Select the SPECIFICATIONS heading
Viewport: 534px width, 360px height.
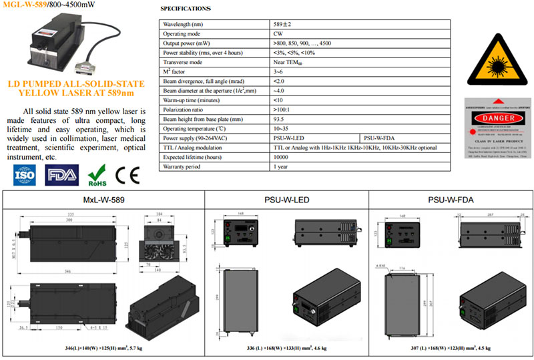[186, 9]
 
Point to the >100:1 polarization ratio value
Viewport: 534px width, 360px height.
[283, 109]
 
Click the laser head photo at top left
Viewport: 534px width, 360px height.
[60, 43]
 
